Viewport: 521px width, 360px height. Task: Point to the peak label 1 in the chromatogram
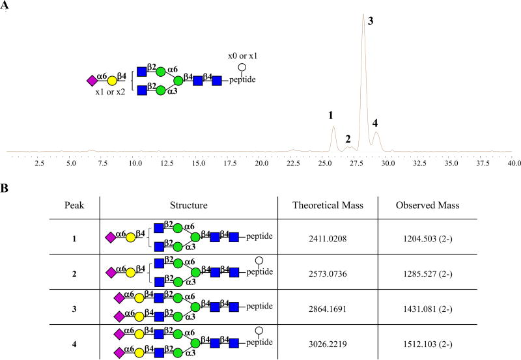pyautogui.click(x=331, y=115)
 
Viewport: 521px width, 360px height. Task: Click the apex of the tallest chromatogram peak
pyautogui.click(x=363, y=14)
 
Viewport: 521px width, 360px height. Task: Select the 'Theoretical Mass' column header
pyautogui.click(x=327, y=205)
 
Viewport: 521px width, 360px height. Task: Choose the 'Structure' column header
pyautogui.click(x=188, y=205)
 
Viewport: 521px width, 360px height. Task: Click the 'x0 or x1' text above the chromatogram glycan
pyautogui.click(x=242, y=56)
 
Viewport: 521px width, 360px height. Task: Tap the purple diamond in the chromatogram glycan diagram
pyautogui.click(x=91, y=81)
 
